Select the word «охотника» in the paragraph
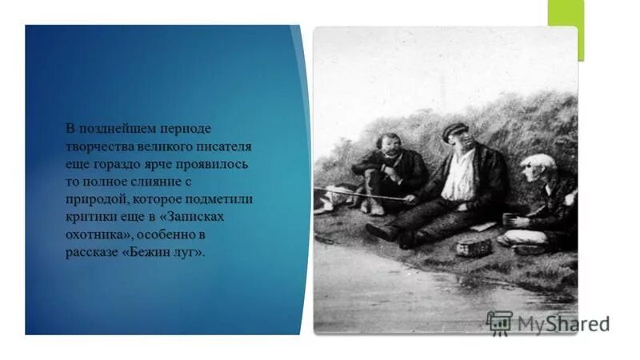(x=94, y=235)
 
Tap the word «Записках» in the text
(x=225, y=218)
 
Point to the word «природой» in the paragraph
(x=94, y=199)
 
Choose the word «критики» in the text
(x=90, y=218)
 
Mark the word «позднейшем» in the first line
(x=114, y=129)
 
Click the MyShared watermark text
(x=563, y=324)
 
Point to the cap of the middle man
(x=454, y=130)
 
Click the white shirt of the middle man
(x=459, y=177)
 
